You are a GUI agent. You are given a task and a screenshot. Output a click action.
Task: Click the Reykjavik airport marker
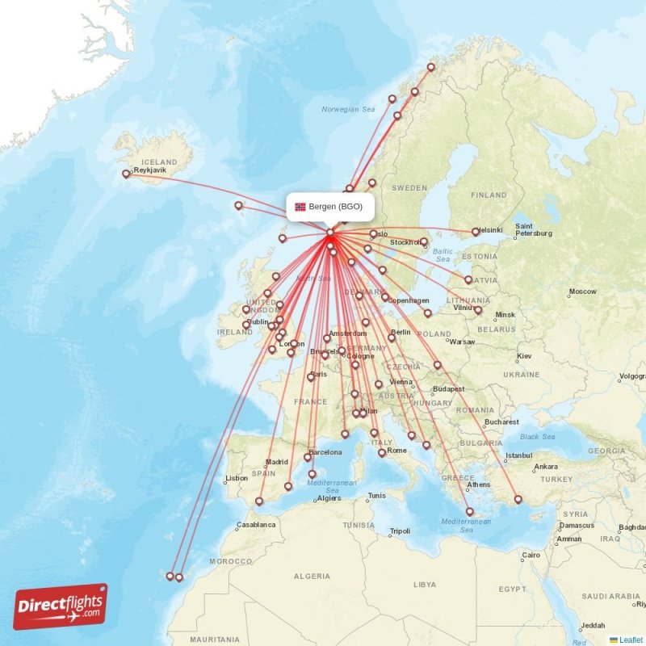(125, 173)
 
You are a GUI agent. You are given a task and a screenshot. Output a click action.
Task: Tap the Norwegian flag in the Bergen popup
(300, 206)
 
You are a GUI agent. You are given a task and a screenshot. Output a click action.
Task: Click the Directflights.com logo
(60, 606)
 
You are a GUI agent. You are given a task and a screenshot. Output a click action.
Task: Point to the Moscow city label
(582, 292)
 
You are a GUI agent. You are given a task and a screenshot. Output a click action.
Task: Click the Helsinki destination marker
(476, 232)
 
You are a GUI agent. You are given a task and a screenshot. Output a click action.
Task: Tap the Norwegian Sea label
(348, 109)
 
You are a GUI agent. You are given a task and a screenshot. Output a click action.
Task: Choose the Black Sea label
(539, 436)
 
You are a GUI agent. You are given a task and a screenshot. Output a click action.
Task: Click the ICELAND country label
(158, 161)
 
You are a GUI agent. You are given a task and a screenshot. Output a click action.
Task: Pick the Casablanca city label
(257, 524)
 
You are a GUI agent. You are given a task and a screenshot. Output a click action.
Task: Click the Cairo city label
(531, 555)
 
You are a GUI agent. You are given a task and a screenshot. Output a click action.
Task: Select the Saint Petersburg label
(533, 230)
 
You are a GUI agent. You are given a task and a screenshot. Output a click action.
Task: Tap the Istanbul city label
(519, 455)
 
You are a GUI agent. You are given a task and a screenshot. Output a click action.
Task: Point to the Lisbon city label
(237, 478)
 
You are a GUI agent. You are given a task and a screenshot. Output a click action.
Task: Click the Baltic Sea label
(443, 255)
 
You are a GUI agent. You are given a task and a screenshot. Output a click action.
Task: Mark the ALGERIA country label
(313, 576)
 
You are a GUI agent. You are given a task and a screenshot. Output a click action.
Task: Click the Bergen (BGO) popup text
(335, 206)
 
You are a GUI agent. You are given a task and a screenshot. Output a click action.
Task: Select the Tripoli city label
(400, 531)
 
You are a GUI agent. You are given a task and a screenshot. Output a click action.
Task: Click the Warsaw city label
(462, 341)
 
